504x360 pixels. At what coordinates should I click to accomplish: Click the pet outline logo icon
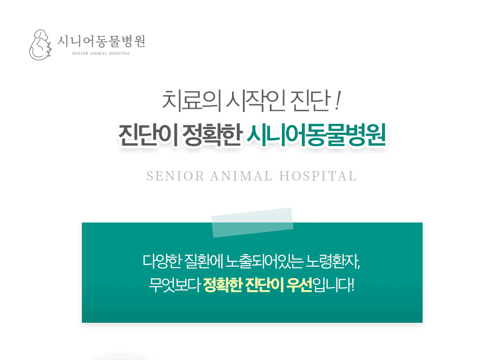(40, 45)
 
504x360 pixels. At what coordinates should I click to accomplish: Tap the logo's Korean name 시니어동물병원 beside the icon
(101, 41)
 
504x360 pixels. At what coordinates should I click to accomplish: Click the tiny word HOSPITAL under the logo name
(120, 54)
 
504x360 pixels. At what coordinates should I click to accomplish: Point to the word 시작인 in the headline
(256, 101)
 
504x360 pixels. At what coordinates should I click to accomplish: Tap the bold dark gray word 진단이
(148, 135)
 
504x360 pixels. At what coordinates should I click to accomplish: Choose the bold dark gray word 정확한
(212, 135)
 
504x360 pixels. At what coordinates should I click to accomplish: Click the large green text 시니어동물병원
(316, 135)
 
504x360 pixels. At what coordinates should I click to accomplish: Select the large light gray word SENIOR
(175, 176)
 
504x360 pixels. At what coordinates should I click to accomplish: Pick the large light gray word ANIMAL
(241, 176)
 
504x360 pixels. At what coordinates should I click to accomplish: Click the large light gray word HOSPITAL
(318, 176)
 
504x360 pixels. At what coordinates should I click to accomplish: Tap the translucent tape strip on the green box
(253, 222)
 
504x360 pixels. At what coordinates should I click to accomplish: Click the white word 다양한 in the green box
(162, 262)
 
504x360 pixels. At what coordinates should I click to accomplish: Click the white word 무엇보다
(175, 285)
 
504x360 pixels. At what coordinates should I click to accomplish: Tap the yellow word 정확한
(223, 285)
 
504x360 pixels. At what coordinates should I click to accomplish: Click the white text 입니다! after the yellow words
(333, 285)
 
